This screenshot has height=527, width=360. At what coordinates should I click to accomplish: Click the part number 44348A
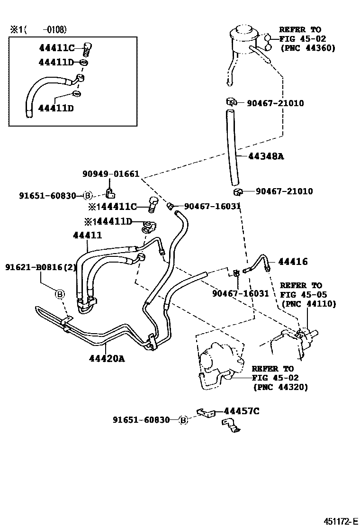point(266,156)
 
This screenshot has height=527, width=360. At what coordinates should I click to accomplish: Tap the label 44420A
point(107,359)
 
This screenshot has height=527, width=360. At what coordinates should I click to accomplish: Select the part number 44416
point(293,262)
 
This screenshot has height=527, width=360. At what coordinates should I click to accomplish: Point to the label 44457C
point(242,411)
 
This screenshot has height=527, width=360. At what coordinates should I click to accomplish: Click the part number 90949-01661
point(111,174)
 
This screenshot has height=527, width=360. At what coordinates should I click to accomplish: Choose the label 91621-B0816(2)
point(41,267)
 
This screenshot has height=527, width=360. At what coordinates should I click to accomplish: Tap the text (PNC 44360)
point(308,48)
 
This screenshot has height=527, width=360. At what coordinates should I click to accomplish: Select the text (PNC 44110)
point(309,304)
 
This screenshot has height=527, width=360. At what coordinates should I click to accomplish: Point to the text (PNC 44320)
point(280,387)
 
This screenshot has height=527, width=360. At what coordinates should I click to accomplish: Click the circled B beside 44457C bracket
point(183,420)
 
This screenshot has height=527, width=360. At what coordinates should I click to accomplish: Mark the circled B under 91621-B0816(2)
point(59,294)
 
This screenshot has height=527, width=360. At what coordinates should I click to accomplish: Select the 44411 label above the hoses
point(87,235)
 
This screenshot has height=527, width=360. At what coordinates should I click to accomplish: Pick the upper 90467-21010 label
point(275,103)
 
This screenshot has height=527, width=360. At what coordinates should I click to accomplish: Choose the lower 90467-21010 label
point(284,191)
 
